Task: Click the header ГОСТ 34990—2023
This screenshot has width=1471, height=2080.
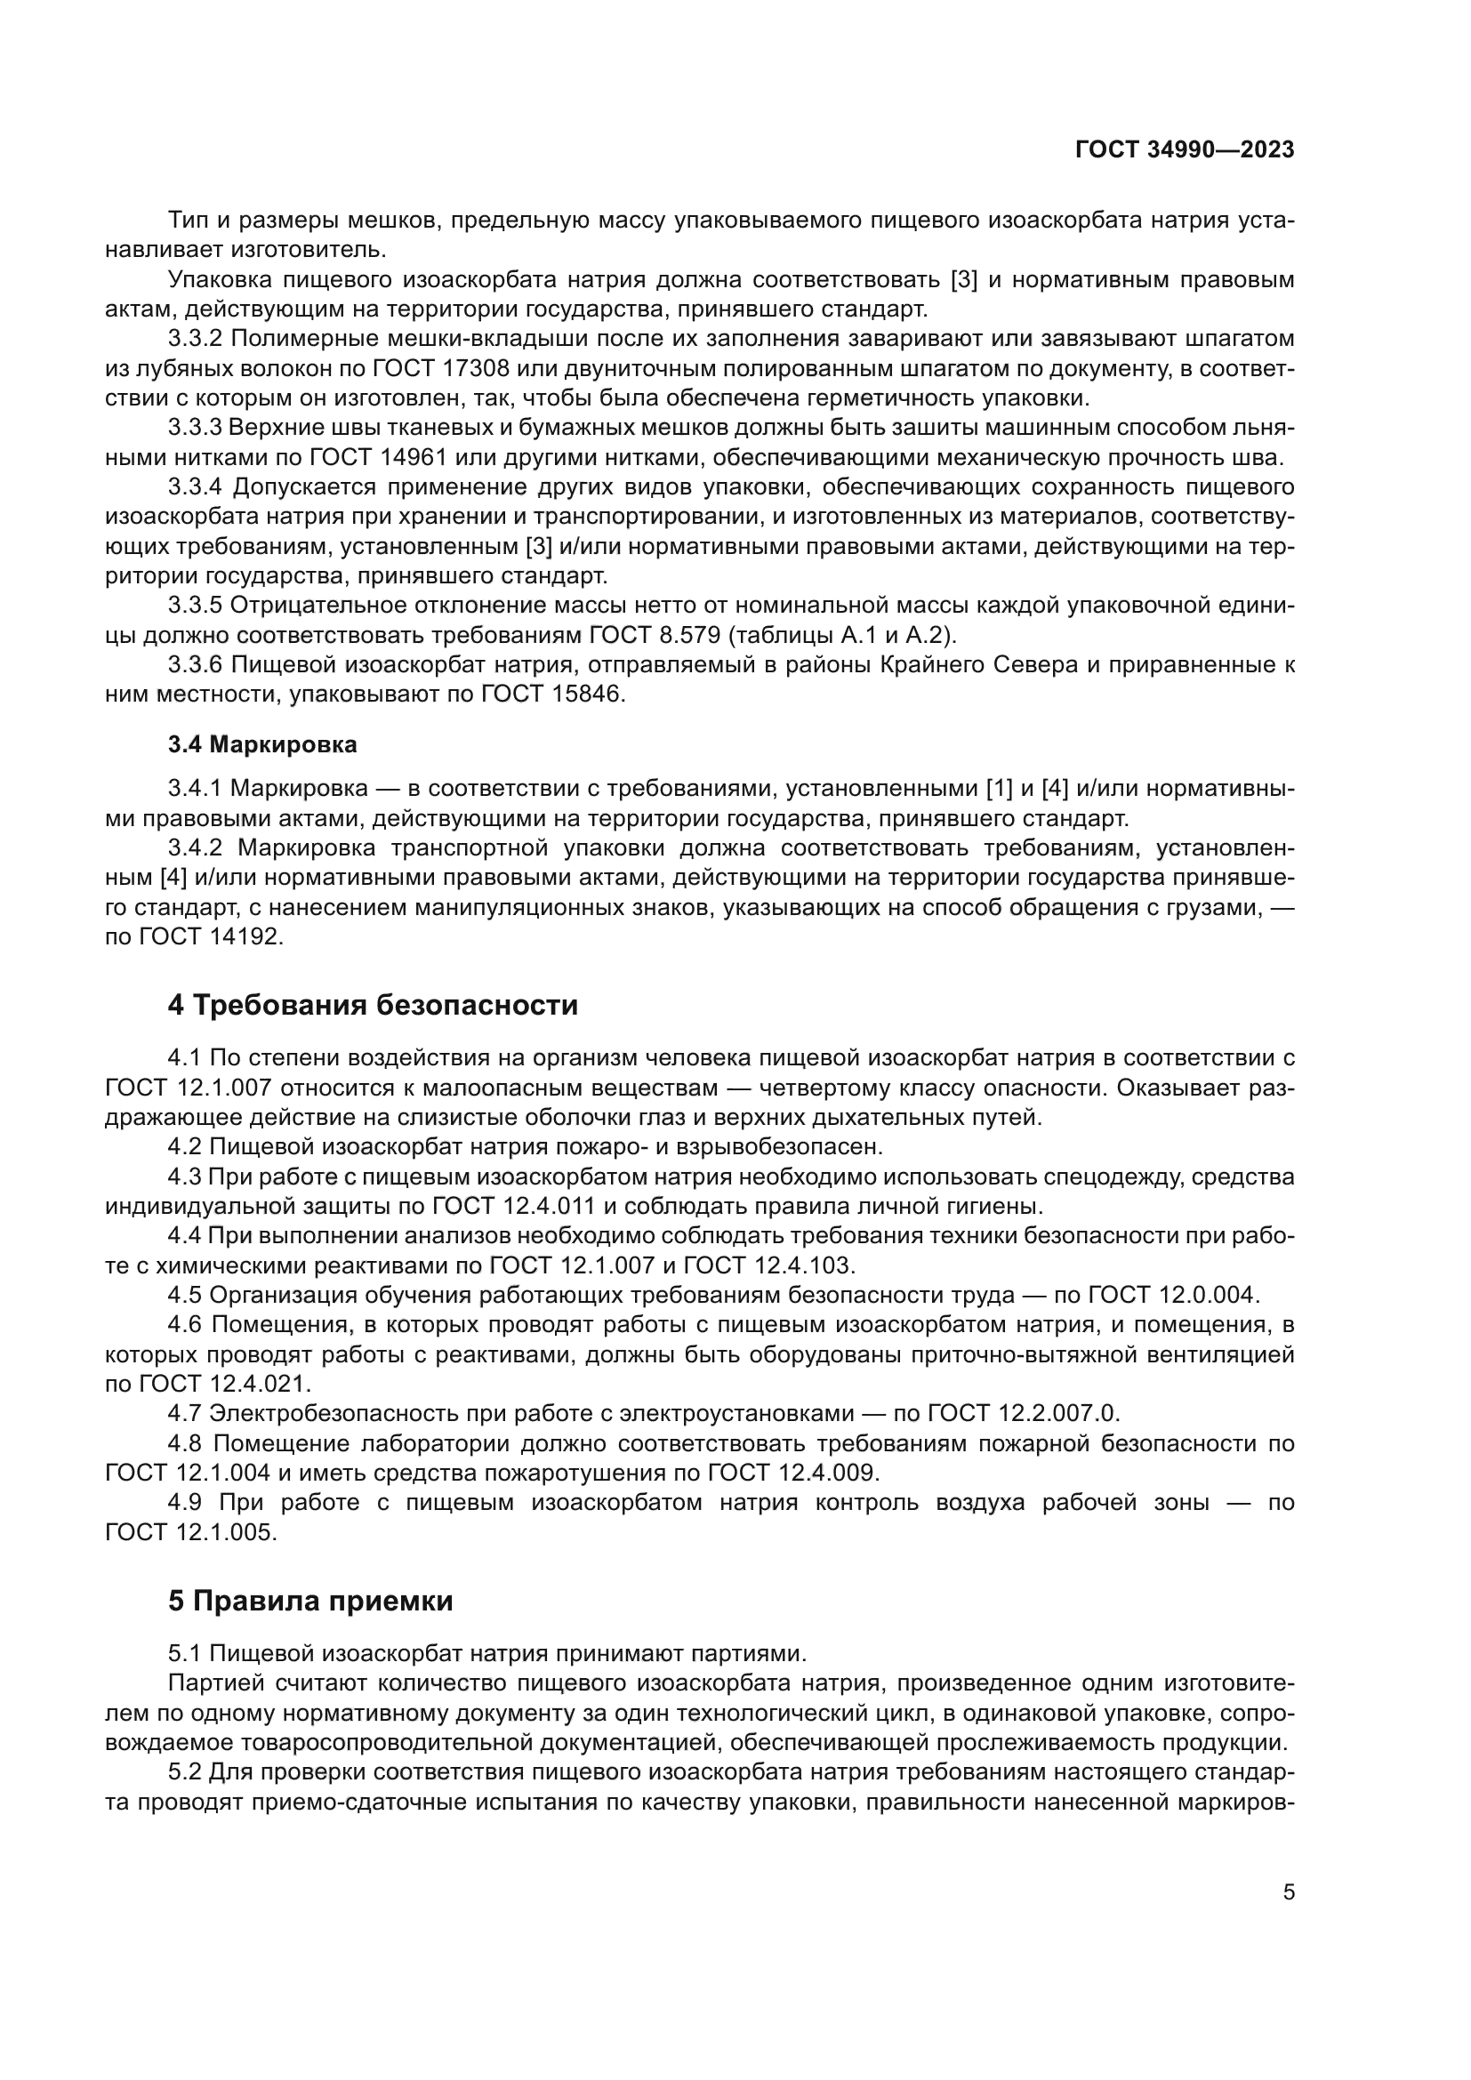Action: point(1184,150)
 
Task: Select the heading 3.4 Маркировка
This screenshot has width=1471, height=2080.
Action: point(261,744)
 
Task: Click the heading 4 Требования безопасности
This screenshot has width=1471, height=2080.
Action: point(373,1006)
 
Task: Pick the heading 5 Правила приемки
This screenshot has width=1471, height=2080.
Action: point(309,1601)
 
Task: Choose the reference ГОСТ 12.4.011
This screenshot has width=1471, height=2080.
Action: point(513,1207)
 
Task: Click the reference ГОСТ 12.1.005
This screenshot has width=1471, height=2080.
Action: point(189,1532)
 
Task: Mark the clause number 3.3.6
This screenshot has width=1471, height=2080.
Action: point(195,665)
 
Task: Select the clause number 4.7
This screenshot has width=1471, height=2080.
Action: point(185,1413)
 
